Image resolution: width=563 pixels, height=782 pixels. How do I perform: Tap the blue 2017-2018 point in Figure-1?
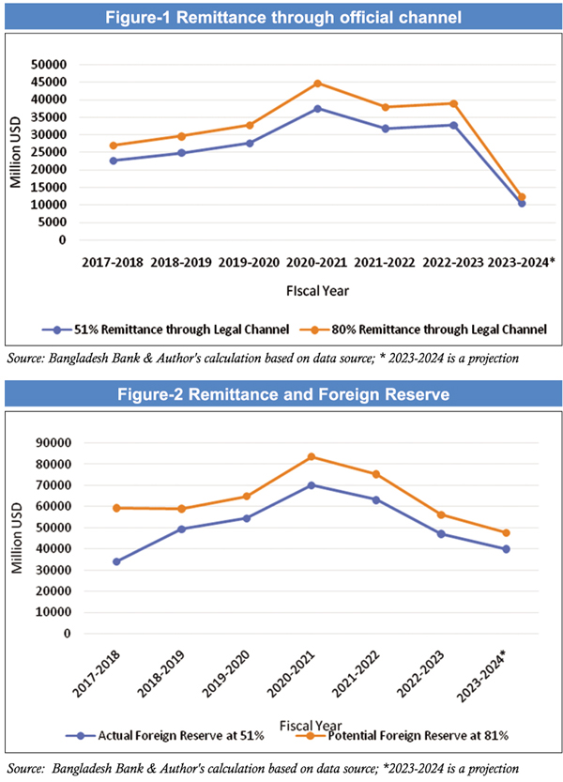pos(113,161)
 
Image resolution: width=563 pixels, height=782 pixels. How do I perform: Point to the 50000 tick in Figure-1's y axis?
pos(50,65)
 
